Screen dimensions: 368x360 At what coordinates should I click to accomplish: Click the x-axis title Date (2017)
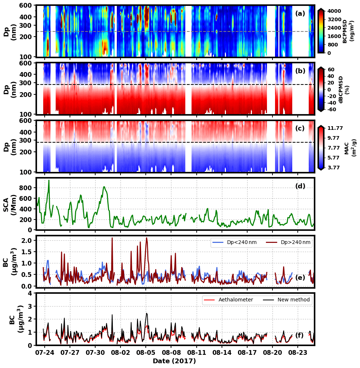pos(174,361)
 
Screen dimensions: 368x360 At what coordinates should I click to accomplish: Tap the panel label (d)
pos(300,186)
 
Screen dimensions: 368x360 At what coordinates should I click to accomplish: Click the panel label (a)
pos(300,14)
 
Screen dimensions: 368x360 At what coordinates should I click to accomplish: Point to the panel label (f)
pos(299,335)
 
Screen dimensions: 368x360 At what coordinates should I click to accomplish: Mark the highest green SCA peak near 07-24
pos(49,180)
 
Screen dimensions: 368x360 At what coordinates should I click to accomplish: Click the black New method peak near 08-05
pos(146,313)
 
